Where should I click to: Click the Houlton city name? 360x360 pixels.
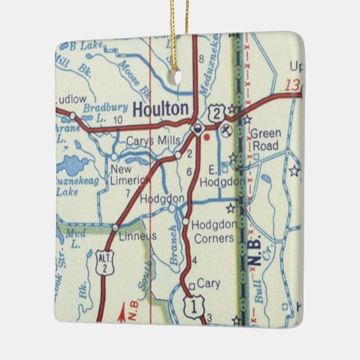click(160, 109)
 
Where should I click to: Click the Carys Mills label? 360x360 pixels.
click(154, 141)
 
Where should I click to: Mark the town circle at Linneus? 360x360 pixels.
click(116, 228)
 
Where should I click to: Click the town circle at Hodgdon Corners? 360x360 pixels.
click(185, 221)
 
